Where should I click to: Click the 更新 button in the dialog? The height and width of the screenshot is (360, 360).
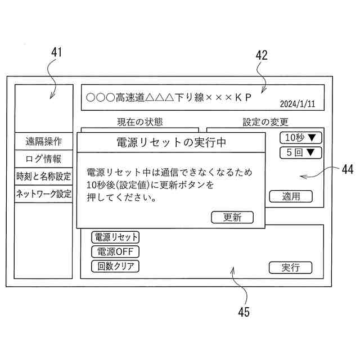tap(232, 217)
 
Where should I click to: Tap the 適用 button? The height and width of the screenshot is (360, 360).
tap(290, 196)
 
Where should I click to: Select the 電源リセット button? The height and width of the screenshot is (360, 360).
tap(115, 237)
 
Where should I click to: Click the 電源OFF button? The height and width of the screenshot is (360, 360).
tap(115, 251)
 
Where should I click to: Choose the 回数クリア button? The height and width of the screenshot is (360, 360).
tap(115, 266)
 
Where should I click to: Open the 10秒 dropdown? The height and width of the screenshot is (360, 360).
tap(300, 138)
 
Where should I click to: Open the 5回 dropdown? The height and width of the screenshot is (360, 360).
tap(300, 152)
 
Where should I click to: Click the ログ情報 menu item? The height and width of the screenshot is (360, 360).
tap(43, 159)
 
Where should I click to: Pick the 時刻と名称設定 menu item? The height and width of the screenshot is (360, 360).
tap(43, 177)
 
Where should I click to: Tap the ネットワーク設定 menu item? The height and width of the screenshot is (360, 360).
tap(43, 194)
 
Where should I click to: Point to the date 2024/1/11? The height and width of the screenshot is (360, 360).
tap(298, 104)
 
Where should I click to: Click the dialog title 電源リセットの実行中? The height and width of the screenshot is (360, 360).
tap(171, 142)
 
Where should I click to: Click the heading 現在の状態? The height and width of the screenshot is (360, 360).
tap(139, 122)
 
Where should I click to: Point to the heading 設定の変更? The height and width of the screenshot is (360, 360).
tap(265, 122)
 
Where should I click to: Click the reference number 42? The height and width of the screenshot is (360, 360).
tap(262, 55)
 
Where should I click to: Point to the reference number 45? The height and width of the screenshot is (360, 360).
tap(243, 312)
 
